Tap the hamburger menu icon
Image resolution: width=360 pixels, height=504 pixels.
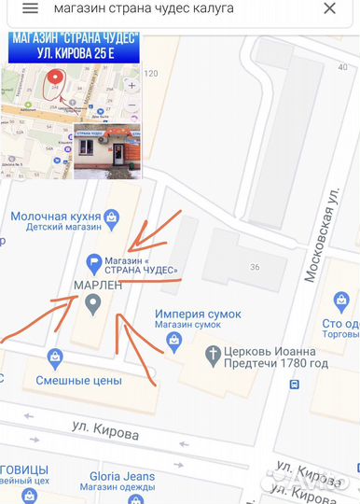pyautogui.click(x=30, y=8)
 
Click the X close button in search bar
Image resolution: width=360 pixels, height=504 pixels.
pyautogui.click(x=329, y=8)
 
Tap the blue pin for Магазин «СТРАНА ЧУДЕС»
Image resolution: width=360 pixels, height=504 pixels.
pyautogui.click(x=93, y=263)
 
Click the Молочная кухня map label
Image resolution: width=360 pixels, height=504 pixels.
pyautogui.click(x=55, y=216)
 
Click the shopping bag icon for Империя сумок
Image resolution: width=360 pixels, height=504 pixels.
pyautogui.click(x=172, y=343)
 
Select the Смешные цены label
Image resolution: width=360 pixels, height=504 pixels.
pyautogui.click(x=79, y=380)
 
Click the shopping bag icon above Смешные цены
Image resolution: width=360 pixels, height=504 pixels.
pyautogui.click(x=55, y=357)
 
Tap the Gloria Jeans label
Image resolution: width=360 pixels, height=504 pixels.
pyautogui.click(x=122, y=476)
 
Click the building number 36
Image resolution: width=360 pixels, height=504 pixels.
pyautogui.click(x=254, y=267)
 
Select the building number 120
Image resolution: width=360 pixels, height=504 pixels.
pyautogui.click(x=151, y=74)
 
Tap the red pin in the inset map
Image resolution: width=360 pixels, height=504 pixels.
pyautogui.click(x=54, y=81)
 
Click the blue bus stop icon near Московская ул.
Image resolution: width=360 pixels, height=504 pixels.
pyautogui.click(x=295, y=384)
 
